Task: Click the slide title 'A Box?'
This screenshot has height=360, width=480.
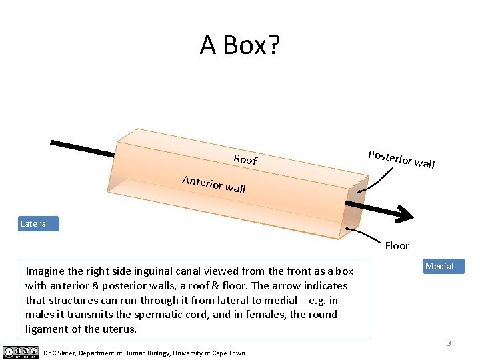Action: click(240, 45)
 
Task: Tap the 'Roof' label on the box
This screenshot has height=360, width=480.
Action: click(245, 160)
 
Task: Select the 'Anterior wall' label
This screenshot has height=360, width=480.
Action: click(214, 184)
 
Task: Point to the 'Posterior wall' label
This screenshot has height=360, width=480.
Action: click(401, 159)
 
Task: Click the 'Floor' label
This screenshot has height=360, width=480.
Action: click(397, 246)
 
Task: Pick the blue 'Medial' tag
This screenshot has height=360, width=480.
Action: click(439, 267)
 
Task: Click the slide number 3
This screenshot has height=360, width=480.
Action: click(449, 343)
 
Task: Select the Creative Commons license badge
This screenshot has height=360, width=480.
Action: click(20, 352)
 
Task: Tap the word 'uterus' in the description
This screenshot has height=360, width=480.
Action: click(121, 329)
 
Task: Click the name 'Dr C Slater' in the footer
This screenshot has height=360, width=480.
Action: click(62, 353)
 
